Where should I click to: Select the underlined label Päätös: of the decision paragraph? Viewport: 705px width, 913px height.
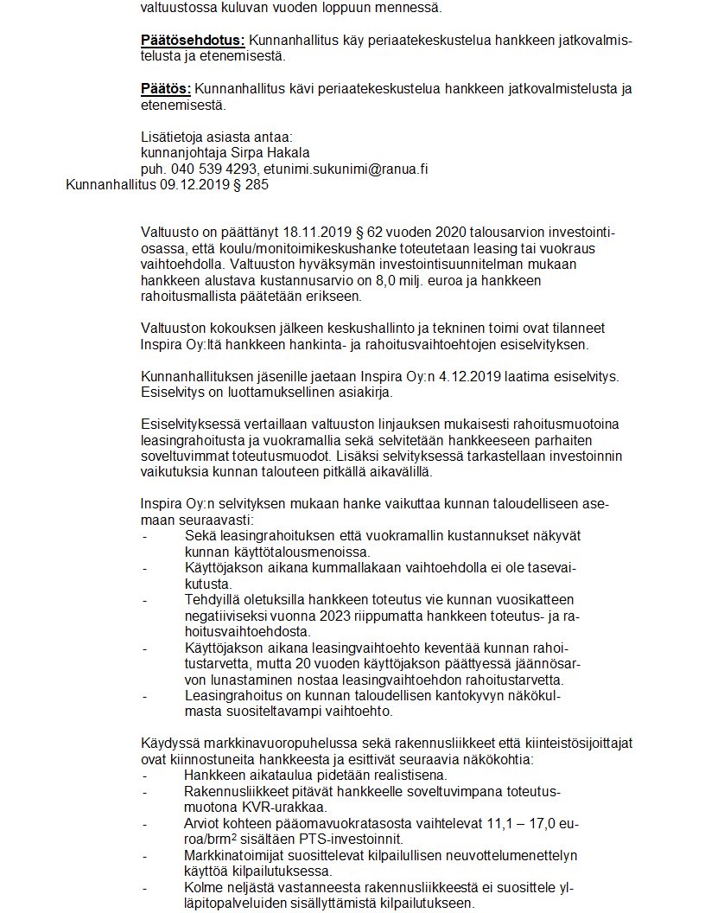[x=166, y=89]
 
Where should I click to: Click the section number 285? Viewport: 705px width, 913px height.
[x=257, y=184]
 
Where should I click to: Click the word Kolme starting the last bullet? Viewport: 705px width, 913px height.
[x=206, y=887]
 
